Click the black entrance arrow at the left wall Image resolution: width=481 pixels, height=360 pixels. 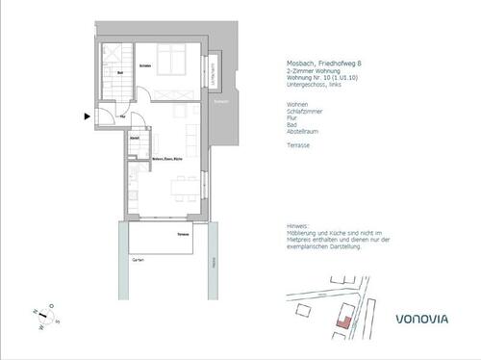pyautogui.click(x=89, y=117)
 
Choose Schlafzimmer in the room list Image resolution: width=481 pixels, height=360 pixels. pyautogui.click(x=301, y=111)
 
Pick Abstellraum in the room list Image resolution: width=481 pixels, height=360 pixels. pyautogui.click(x=300, y=131)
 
